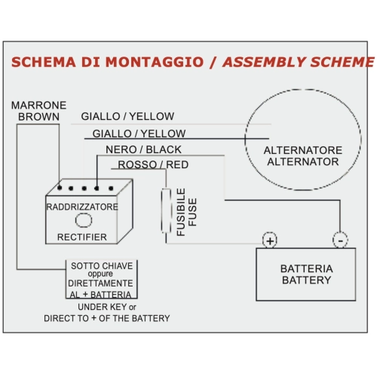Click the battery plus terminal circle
pyautogui.click(x=270, y=241)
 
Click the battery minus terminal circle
pyautogui.click(x=340, y=241)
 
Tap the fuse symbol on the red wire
pyautogui.click(x=166, y=210)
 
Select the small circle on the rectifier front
pyautogui.click(x=84, y=220)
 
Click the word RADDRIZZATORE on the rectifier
pyautogui.click(x=82, y=207)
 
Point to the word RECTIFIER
pyautogui.click(x=82, y=237)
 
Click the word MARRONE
pyautogui.click(x=39, y=106)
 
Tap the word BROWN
pyautogui.click(x=39, y=117)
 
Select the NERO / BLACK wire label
pyautogui.click(x=143, y=149)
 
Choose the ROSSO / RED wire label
pyautogui.click(x=153, y=164)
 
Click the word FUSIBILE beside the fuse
pyautogui.click(x=181, y=212)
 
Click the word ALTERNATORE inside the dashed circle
pyautogui.click(x=303, y=150)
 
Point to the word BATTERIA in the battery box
pyautogui.click(x=307, y=268)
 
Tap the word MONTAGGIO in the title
pyautogui.click(x=155, y=62)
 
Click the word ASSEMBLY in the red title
pyautogui.click(x=263, y=62)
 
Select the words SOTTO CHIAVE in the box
pyautogui.click(x=102, y=266)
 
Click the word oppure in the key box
pyautogui.click(x=100, y=274)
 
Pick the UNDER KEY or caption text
pyautogui.click(x=107, y=307)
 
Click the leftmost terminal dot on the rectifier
pyautogui.click(x=60, y=188)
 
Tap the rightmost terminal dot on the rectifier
pyautogui.click(x=111, y=188)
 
